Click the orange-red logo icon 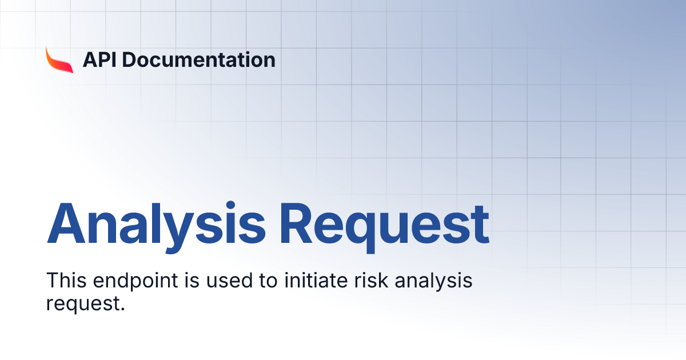[x=59, y=59]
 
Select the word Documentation [x=199, y=59]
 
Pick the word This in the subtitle [x=64, y=281]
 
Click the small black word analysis [x=434, y=282]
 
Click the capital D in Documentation [x=132, y=59]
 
